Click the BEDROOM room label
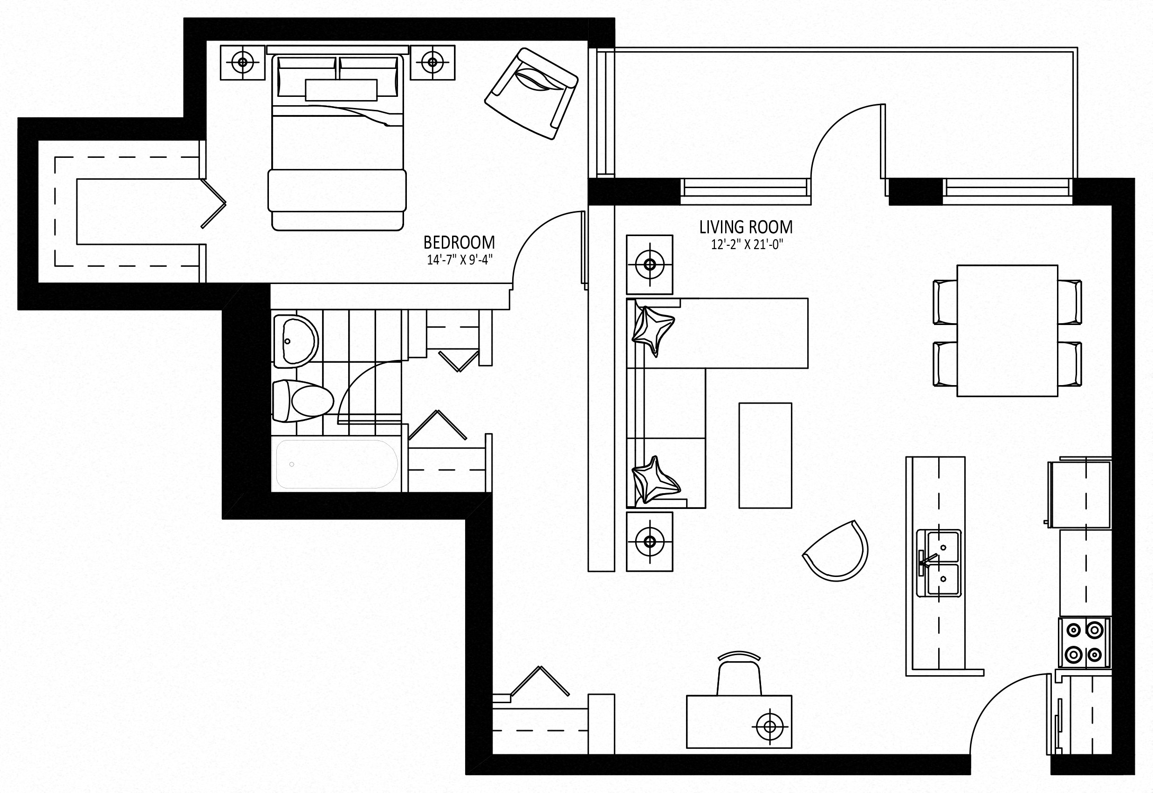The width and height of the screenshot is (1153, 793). click(x=459, y=243)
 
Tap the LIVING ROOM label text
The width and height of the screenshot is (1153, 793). click(x=745, y=227)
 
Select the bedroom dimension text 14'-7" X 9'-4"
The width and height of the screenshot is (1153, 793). click(x=460, y=260)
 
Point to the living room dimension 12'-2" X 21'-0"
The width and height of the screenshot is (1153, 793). click(x=745, y=244)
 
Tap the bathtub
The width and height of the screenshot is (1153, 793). click(x=337, y=464)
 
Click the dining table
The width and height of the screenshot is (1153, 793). click(x=1007, y=331)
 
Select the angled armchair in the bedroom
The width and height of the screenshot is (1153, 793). click(x=531, y=93)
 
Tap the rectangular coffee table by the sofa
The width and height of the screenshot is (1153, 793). click(x=765, y=455)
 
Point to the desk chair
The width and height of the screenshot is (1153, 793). click(x=739, y=675)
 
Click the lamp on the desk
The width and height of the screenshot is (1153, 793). click(x=769, y=727)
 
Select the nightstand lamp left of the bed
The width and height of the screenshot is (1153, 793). click(x=243, y=62)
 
